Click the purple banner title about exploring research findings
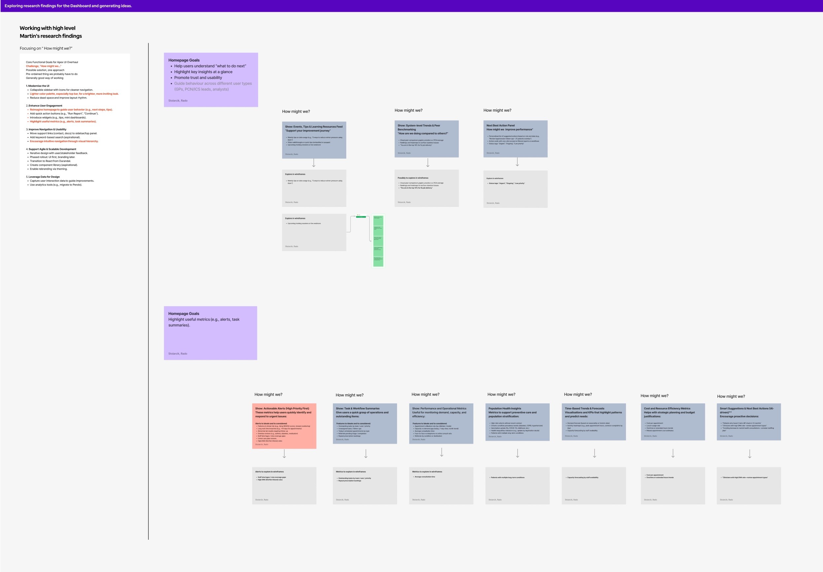tap(68, 6)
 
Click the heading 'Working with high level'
tap(47, 28)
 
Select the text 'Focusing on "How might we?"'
tap(46, 48)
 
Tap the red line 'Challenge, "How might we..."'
tap(43, 66)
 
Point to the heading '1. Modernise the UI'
tap(38, 86)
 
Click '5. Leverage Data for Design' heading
tap(43, 177)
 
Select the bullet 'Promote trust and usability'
tap(198, 78)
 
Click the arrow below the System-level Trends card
tap(428, 163)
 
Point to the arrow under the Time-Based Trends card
tap(594, 453)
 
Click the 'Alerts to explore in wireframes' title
tap(269, 472)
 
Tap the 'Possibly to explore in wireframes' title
tap(413, 178)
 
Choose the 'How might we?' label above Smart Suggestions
tap(731, 396)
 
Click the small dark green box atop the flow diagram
tap(361, 217)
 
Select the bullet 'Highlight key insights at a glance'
tap(203, 72)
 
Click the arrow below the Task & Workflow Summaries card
tap(366, 453)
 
